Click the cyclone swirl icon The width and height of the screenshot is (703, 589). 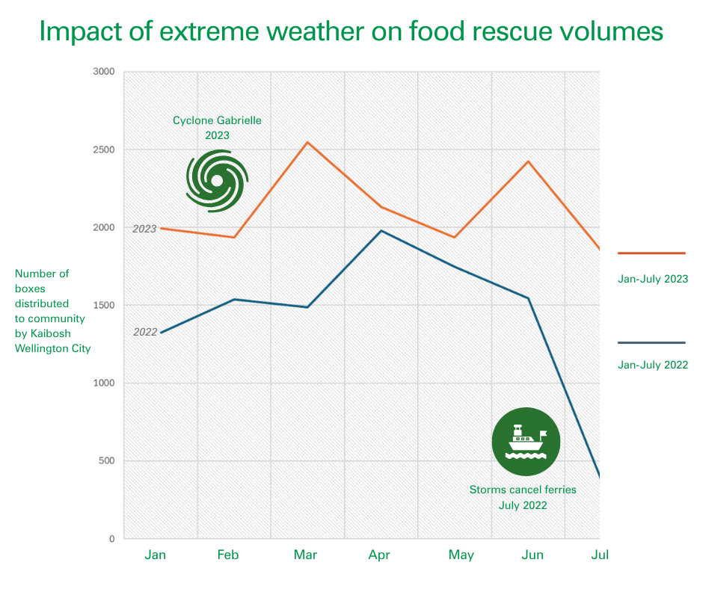pos(217,181)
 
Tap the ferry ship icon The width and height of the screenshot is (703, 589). pos(526,442)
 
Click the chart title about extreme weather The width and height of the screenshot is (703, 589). pos(351,31)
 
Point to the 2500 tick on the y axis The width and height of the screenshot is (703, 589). pos(103,149)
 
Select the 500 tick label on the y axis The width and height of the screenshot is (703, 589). pos(106,461)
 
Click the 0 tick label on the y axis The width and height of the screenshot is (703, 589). pos(111,539)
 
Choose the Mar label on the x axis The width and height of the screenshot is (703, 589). pos(305,555)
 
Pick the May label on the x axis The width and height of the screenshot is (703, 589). pos(461,555)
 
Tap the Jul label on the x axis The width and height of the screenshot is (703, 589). pos(600,555)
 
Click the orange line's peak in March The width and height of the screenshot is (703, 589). pos(307,142)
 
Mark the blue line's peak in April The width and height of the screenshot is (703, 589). pos(381,231)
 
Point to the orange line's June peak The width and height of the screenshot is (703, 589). pos(529,161)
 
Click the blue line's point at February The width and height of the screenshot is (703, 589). pos(234,300)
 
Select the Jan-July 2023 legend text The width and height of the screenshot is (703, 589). pos(653,279)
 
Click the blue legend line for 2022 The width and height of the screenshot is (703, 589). pos(651,343)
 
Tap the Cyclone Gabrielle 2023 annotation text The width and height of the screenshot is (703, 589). pos(218,128)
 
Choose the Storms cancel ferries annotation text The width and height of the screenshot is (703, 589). pos(523,497)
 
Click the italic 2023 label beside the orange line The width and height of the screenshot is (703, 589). pos(144,229)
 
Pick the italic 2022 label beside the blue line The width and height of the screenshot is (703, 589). pos(145,332)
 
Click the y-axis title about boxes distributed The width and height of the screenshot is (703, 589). pos(52,311)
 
